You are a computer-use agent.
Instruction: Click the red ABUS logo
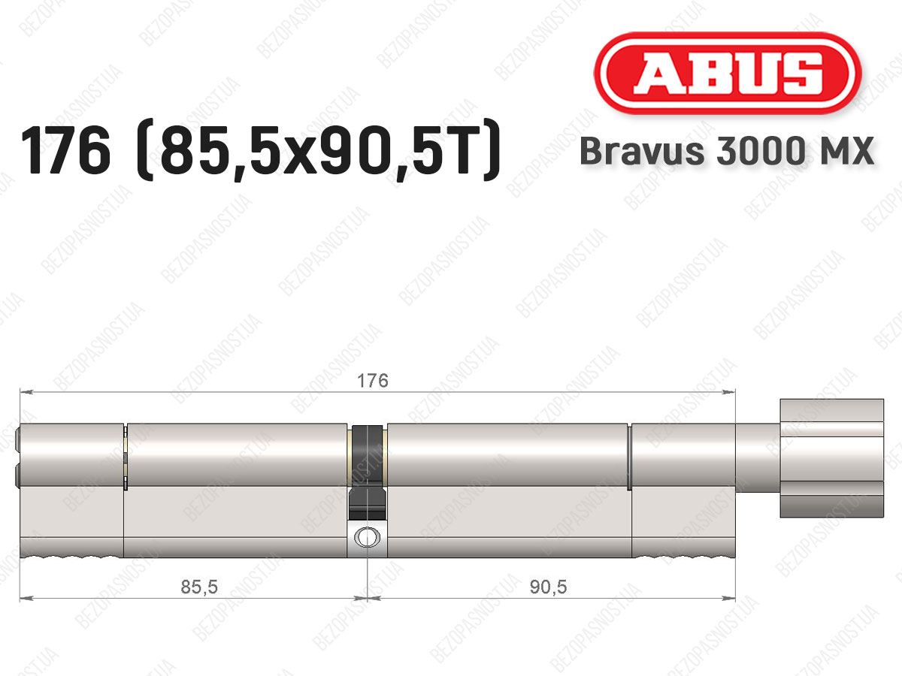click(728, 73)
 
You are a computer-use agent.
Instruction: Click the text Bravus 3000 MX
click(727, 151)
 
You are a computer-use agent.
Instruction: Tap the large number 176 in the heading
click(65, 151)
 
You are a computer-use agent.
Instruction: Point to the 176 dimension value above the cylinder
click(373, 381)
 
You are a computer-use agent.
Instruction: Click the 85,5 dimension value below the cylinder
click(199, 587)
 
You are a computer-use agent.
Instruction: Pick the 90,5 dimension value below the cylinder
click(548, 587)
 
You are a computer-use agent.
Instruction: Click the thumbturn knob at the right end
click(832, 458)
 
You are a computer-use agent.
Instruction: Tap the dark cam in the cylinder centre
click(368, 472)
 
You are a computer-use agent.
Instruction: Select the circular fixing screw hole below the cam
click(367, 537)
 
